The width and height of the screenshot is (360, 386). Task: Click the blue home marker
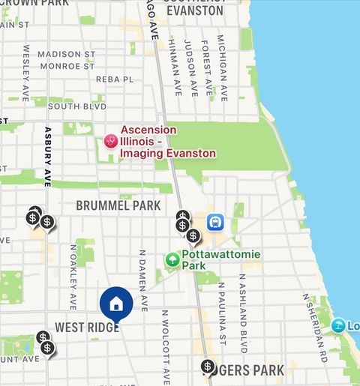pos(116,304)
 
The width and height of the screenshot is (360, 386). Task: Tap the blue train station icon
pos(216,222)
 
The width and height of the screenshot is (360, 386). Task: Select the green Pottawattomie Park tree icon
pos(172,260)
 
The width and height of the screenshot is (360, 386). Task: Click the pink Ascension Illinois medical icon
pos(111,141)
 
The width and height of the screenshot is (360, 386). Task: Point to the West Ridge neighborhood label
pos(86,328)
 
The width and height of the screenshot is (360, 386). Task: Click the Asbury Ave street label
pos(47,156)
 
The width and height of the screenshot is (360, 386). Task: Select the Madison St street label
pos(67,54)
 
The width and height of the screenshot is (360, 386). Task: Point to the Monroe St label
pos(67,66)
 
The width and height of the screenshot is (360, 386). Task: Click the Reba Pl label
pos(115,79)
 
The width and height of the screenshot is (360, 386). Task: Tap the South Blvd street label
pos(73,106)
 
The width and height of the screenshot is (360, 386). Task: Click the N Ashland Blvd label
pos(242,313)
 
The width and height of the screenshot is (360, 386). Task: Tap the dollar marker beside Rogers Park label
pos(207,367)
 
